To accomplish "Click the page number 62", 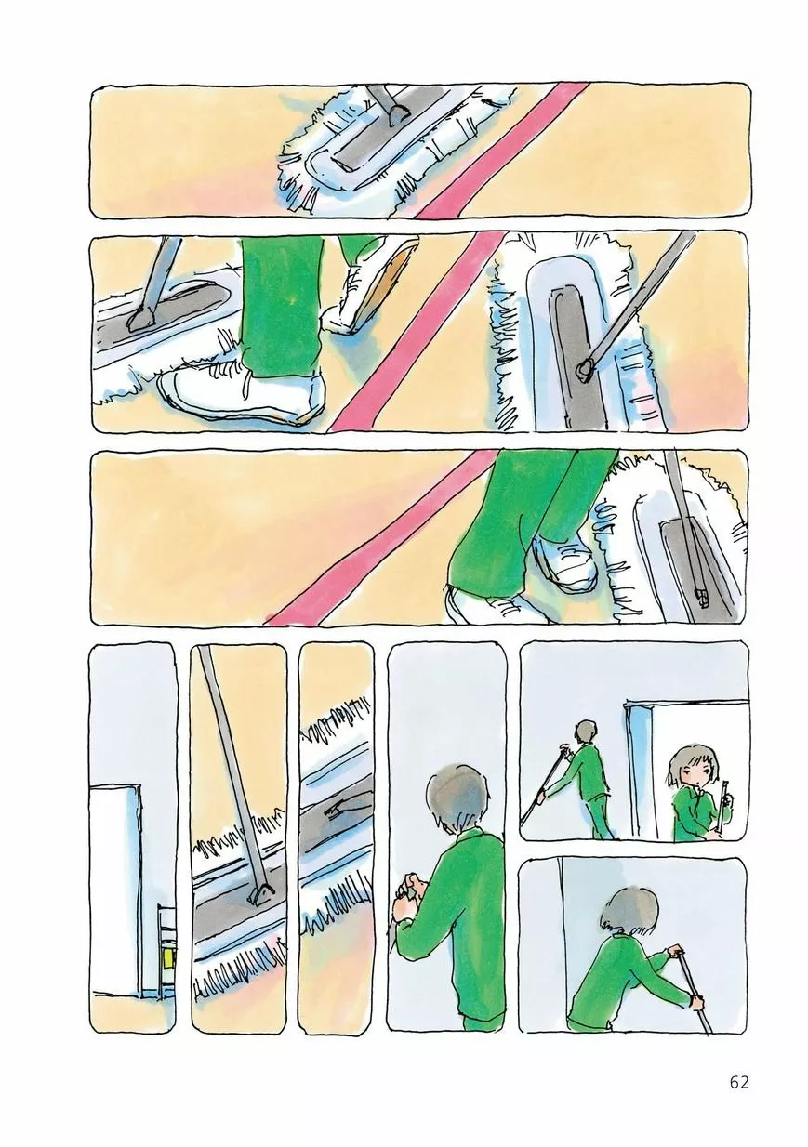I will click(739, 1082).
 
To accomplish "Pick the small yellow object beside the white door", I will click(168, 956).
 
